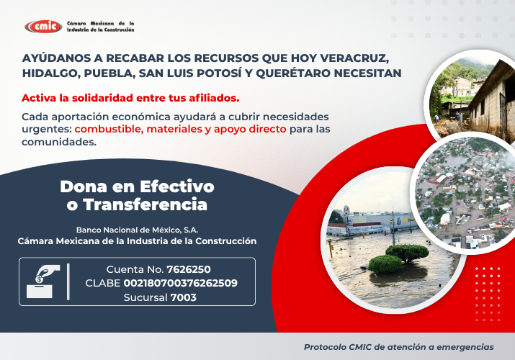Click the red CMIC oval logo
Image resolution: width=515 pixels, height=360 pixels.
coord(43,27)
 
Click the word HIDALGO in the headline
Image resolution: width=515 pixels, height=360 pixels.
coord(50,73)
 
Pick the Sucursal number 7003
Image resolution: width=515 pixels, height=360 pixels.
coord(183,297)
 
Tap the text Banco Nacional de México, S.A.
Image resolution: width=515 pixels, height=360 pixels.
coord(137,229)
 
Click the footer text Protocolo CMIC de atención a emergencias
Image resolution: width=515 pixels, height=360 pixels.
coord(399,346)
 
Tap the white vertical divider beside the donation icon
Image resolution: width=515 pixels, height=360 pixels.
coord(68,282)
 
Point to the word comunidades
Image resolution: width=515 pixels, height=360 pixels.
coord(58,142)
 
